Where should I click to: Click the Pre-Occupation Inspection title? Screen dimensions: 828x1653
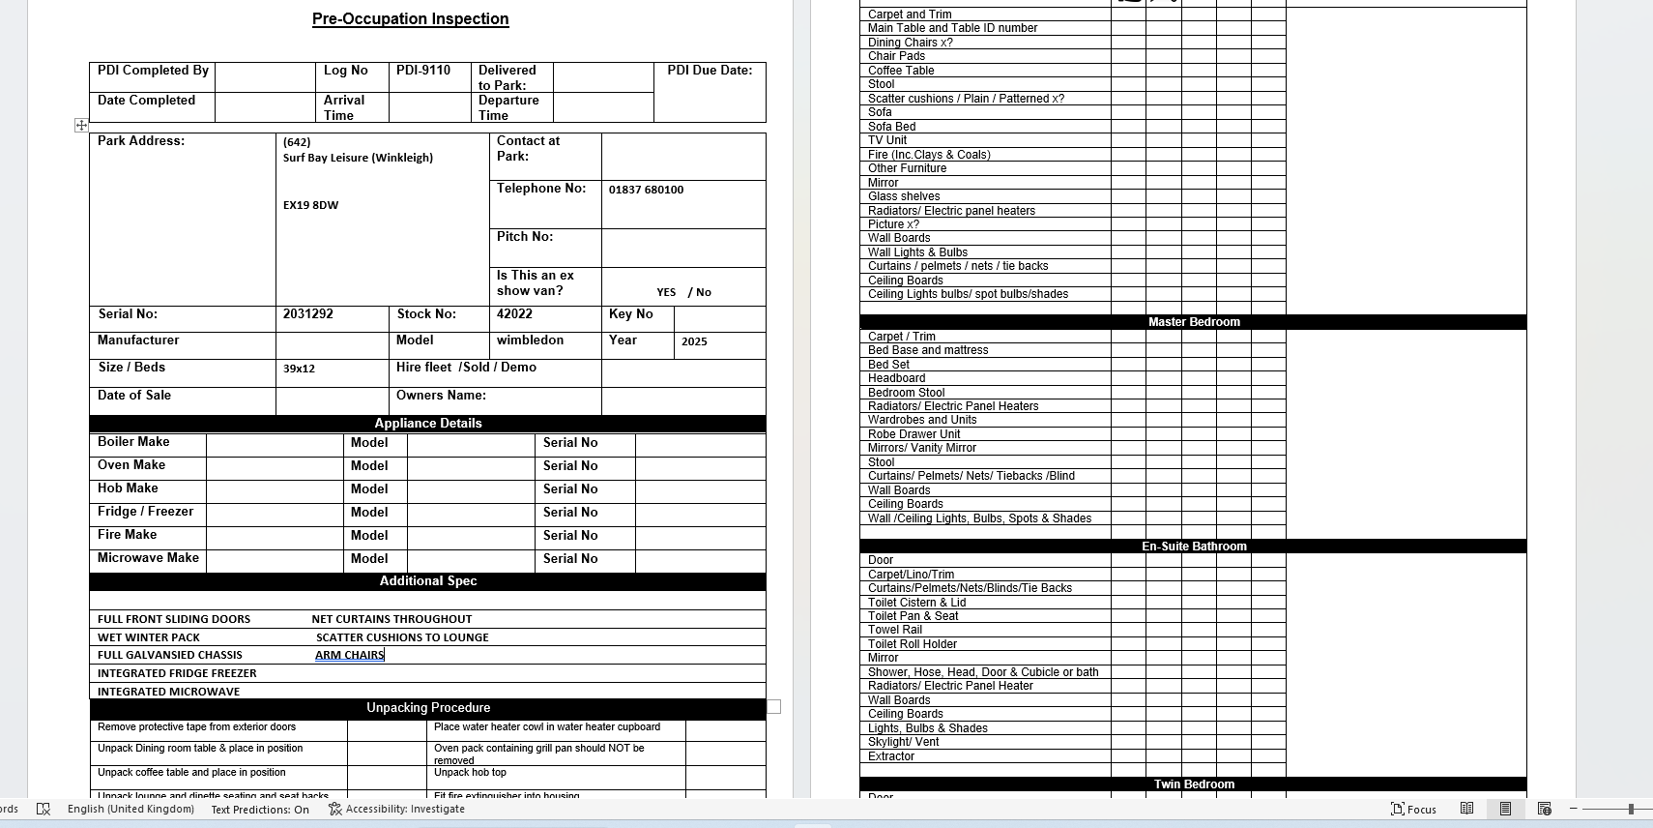pyautogui.click(x=410, y=18)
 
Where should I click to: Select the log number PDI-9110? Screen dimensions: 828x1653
pyautogui.click(x=423, y=70)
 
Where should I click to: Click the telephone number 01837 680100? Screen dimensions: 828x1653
pyautogui.click(x=646, y=190)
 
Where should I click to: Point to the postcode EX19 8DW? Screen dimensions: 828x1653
pyautogui.click(x=310, y=205)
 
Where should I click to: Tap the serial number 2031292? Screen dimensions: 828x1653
pyautogui.click(x=307, y=313)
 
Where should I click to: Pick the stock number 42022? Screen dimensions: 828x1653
pyautogui.click(x=514, y=313)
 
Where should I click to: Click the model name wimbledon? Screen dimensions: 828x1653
pyautogui.click(x=530, y=340)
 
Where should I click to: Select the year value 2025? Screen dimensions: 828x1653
pyautogui.click(x=694, y=341)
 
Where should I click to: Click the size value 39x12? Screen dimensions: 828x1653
pyautogui.click(x=299, y=369)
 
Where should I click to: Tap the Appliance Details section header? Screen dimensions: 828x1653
pyautogui.click(x=427, y=423)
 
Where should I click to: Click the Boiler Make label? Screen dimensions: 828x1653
pyautogui.click(x=133, y=442)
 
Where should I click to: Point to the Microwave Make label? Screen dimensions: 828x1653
pyautogui.click(x=148, y=558)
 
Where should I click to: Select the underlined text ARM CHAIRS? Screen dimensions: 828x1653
pyautogui.click(x=349, y=655)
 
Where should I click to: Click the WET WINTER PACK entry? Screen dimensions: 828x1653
pyautogui.click(x=149, y=637)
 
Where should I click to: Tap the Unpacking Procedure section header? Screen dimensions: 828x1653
pyautogui.click(x=427, y=708)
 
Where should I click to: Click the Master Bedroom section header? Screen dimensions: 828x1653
pyautogui.click(x=1193, y=322)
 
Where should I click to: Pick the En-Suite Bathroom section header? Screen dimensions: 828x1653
pyautogui.click(x=1193, y=547)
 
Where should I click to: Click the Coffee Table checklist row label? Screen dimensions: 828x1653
pyautogui.click(x=901, y=71)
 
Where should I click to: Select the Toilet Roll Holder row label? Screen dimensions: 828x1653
pyautogui.click(x=912, y=644)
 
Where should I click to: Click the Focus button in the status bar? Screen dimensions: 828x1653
pyautogui.click(x=1413, y=810)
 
